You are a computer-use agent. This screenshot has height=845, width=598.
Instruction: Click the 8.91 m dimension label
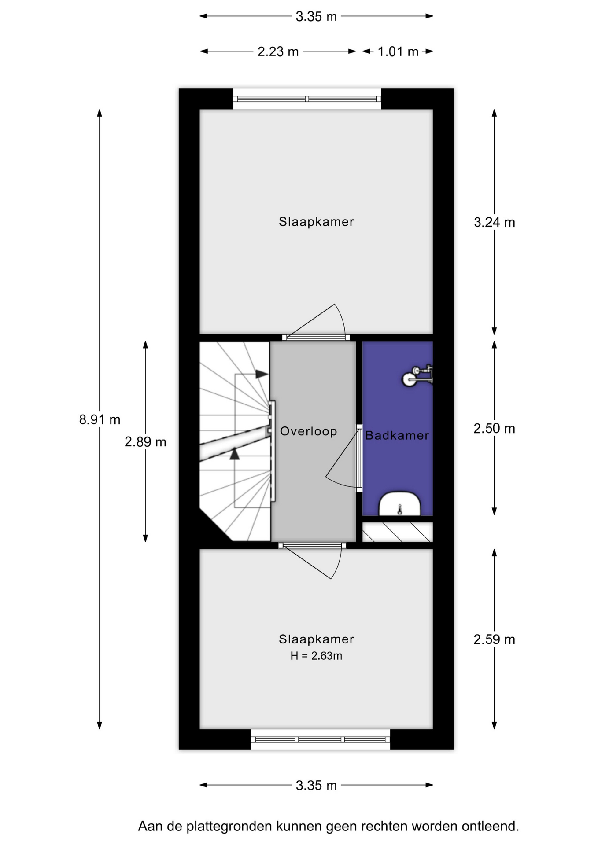click(x=100, y=419)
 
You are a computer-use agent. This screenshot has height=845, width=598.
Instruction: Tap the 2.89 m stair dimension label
click(x=145, y=441)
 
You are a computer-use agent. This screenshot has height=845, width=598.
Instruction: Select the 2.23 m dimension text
click(x=278, y=51)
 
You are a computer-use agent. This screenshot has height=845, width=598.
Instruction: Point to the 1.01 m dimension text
click(x=398, y=51)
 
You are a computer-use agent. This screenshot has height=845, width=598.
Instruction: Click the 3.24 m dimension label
click(x=494, y=222)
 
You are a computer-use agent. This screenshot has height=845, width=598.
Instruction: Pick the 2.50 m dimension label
click(x=494, y=428)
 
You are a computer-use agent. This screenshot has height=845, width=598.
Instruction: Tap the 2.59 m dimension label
click(x=494, y=639)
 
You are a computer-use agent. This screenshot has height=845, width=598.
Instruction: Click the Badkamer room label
click(x=397, y=435)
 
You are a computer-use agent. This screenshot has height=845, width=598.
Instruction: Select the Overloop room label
click(x=308, y=431)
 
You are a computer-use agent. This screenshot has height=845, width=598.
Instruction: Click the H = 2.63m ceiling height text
click(x=316, y=656)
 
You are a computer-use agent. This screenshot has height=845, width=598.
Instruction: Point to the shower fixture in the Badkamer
click(x=417, y=376)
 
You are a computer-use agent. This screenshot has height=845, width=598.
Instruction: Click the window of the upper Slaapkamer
click(x=307, y=99)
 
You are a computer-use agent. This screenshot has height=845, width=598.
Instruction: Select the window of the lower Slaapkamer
click(x=321, y=739)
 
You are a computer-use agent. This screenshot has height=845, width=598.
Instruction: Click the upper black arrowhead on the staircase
click(x=262, y=374)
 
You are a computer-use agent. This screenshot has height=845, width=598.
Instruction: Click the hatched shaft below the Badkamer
click(x=398, y=532)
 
